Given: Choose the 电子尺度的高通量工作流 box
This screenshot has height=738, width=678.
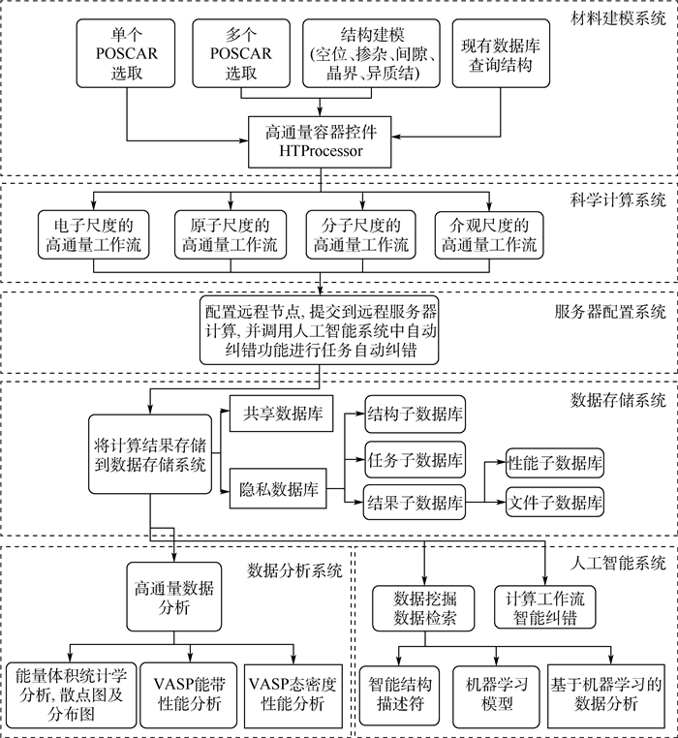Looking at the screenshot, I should [92, 234].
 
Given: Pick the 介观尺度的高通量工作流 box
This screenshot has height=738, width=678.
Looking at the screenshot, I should [489, 234].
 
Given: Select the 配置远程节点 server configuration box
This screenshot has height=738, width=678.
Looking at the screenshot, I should [320, 331].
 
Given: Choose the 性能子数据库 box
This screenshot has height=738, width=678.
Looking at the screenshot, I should [555, 463].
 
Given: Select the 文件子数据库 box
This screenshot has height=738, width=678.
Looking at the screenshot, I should [555, 502].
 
